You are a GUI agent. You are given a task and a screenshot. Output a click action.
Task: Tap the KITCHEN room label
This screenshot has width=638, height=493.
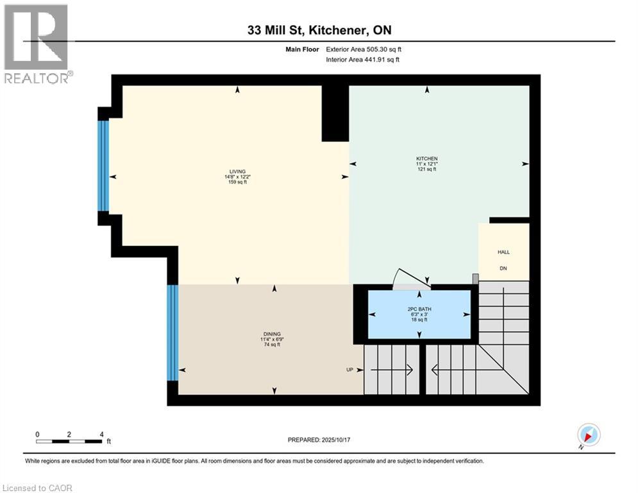(x=426, y=159)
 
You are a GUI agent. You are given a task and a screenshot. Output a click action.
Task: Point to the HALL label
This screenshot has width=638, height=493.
(x=504, y=252)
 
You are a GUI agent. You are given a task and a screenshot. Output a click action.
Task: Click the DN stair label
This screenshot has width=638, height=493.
(x=504, y=268)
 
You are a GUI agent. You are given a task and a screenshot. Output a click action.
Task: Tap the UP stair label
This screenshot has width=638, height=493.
(x=349, y=370)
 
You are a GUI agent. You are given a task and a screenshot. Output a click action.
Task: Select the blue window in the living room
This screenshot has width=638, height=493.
(x=103, y=166)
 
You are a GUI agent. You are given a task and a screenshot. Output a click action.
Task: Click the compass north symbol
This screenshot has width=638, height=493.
(x=588, y=435)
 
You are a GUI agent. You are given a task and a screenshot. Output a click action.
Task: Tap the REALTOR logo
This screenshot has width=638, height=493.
(x=37, y=44)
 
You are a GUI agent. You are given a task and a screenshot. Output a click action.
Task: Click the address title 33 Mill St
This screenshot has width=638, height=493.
(x=319, y=30)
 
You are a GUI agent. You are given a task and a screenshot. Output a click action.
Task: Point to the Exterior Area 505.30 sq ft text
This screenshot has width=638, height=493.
(x=364, y=49)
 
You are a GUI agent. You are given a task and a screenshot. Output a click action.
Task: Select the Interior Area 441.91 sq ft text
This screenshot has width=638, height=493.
(x=364, y=60)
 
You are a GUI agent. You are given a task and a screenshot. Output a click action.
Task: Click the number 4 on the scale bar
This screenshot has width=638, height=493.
(x=101, y=435)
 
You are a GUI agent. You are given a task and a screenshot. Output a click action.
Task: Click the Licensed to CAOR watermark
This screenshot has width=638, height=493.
(x=37, y=488)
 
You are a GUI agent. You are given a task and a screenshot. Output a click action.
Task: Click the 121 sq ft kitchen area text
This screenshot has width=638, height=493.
(x=426, y=169)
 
